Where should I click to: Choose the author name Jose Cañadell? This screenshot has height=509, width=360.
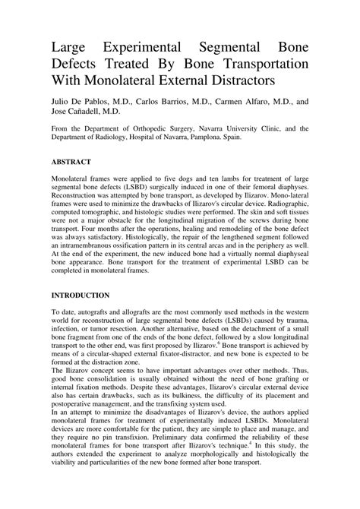pyautogui.click(x=80, y=110)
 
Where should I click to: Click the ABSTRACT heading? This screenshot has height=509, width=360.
pyautogui.click(x=71, y=163)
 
